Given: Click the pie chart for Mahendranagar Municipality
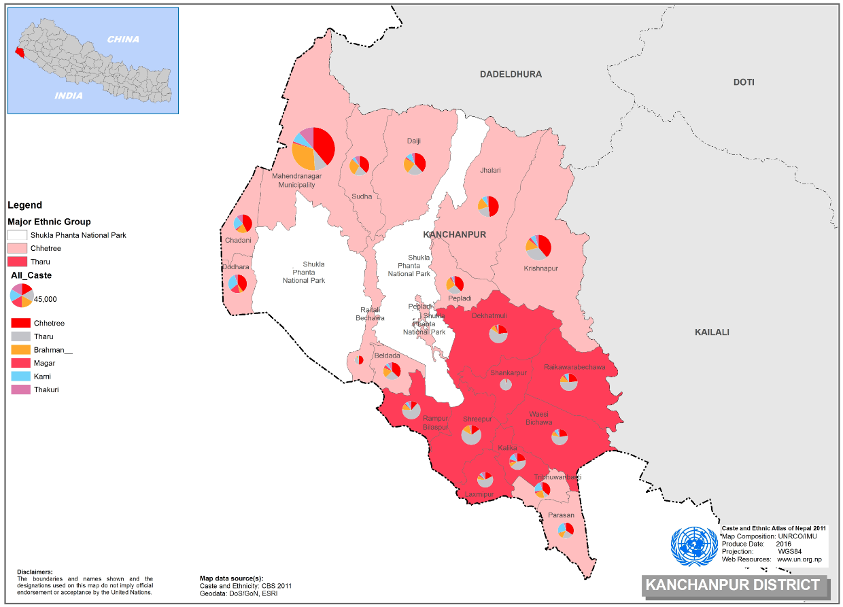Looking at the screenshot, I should [x=313, y=148].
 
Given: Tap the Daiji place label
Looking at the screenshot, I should [x=414, y=141].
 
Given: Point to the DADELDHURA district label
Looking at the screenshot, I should [x=511, y=73].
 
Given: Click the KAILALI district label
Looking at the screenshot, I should [x=712, y=332].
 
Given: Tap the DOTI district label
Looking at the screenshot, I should [x=744, y=82].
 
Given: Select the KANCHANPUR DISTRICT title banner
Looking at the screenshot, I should [x=732, y=585].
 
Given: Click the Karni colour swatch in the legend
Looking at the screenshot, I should [x=21, y=377].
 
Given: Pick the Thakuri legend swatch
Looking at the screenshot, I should [x=21, y=389].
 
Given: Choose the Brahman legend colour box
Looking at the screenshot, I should [x=21, y=349].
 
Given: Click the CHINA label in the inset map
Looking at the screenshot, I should [x=123, y=39].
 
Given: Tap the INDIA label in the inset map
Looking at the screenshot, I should [x=69, y=96].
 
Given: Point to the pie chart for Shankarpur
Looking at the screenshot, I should [x=506, y=385].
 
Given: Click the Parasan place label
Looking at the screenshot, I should [x=562, y=515].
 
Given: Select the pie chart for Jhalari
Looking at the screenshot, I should [x=488, y=206].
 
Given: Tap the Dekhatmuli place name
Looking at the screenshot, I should [x=489, y=315].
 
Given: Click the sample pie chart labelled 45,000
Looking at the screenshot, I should [x=22, y=295].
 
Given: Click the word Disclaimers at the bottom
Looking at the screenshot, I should [x=35, y=572].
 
